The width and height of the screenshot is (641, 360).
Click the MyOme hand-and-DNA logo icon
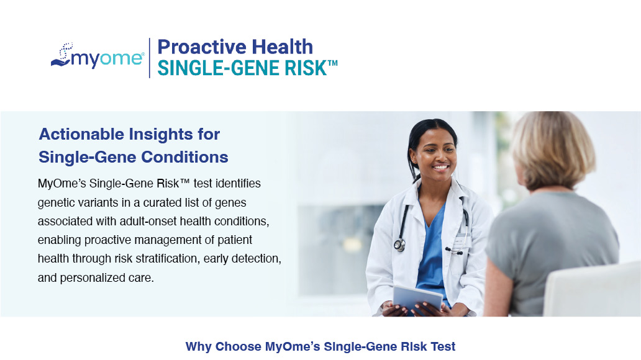(62, 55)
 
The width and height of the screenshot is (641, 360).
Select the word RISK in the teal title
(306, 68)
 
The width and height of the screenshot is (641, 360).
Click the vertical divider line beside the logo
(149, 58)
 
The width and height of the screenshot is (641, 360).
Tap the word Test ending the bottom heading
(443, 346)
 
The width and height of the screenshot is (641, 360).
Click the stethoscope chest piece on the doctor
(399, 245)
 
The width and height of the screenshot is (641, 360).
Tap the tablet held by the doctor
(417, 299)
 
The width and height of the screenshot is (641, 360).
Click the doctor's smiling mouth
(440, 167)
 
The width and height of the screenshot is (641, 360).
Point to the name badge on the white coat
(462, 241)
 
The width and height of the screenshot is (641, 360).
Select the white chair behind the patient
(592, 290)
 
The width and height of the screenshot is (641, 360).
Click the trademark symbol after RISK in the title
(332, 63)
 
